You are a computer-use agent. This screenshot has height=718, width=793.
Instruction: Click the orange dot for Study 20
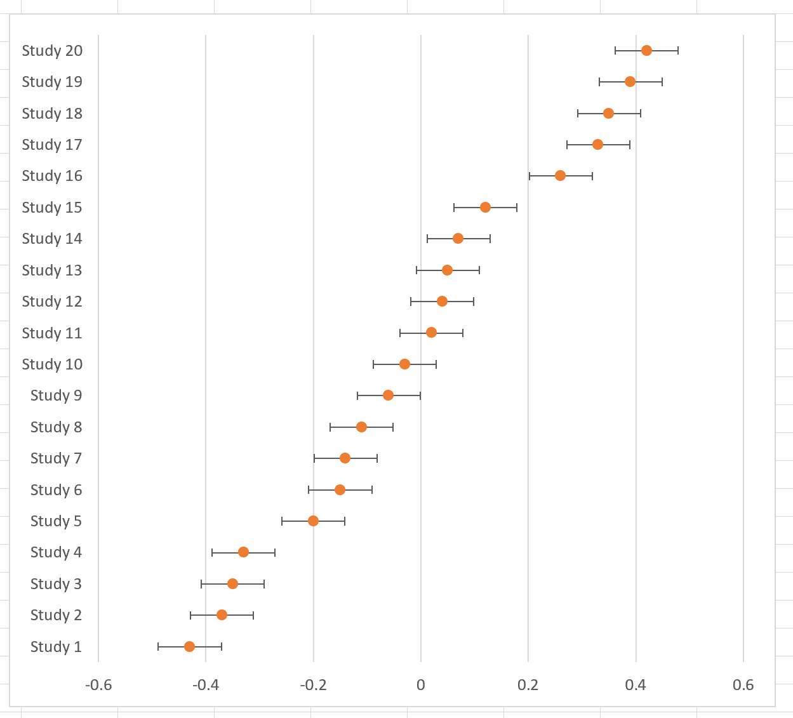click(x=646, y=51)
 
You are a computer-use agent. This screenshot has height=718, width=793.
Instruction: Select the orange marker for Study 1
click(x=189, y=646)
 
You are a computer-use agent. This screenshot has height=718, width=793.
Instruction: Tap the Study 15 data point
click(x=485, y=207)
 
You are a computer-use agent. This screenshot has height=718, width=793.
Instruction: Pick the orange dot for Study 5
click(x=313, y=521)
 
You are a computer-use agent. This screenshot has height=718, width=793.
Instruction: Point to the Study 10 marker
click(x=404, y=364)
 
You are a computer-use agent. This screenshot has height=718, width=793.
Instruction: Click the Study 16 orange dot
click(x=560, y=176)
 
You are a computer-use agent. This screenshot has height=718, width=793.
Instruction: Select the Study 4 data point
click(x=243, y=552)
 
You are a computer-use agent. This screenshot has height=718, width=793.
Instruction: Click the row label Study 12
click(x=52, y=302)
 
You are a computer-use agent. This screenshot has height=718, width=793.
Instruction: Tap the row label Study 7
click(x=56, y=458)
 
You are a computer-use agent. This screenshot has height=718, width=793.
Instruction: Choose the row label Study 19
click(x=52, y=82)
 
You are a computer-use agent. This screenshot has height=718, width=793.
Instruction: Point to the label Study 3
click(x=56, y=584)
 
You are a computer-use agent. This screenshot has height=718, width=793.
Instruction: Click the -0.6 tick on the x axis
click(x=98, y=686)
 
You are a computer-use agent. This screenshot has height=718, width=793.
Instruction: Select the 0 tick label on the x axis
click(x=420, y=686)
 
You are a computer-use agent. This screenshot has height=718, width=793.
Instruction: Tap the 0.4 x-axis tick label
click(x=636, y=686)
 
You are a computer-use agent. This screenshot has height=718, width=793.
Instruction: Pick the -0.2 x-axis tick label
click(x=313, y=686)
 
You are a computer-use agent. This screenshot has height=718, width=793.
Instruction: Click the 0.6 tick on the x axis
click(x=743, y=686)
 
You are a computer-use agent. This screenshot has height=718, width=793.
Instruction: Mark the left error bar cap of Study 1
click(x=158, y=646)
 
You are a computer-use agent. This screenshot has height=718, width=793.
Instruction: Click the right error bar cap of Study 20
click(x=678, y=51)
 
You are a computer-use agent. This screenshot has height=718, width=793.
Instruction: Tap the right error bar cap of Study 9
click(x=420, y=396)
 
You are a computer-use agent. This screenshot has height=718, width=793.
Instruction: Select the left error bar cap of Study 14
click(x=427, y=239)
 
